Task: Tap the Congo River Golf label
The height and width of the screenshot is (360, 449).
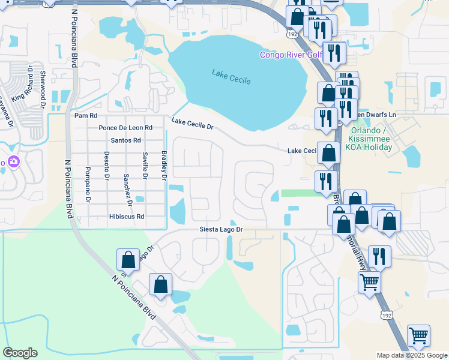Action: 291,55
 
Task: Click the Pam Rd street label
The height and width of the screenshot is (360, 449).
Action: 85,115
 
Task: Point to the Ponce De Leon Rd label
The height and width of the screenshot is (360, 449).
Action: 126,128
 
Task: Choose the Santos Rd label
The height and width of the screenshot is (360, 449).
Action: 126,140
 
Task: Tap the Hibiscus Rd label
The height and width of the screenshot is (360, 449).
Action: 127,216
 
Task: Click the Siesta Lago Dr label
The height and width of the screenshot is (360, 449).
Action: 221,230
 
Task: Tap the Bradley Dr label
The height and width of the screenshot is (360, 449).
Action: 164,165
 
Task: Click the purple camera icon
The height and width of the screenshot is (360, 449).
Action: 14,161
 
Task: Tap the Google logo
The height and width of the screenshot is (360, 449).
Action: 20,353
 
